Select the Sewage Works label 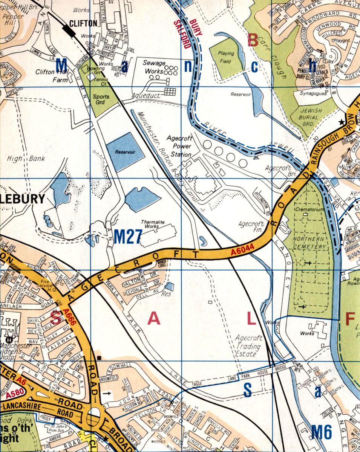154,67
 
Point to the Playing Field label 225,56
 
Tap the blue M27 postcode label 127,237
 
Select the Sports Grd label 101,99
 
